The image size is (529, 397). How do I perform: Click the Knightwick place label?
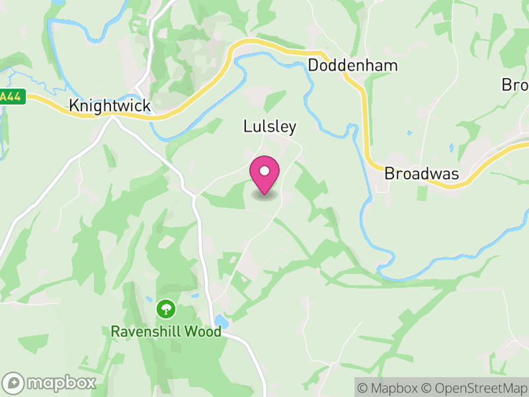point(110,106)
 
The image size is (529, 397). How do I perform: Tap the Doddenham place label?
point(353,66)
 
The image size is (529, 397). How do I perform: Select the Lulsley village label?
point(270,126)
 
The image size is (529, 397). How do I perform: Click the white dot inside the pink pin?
point(264,171)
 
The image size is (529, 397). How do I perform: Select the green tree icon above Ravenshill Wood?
point(165,308)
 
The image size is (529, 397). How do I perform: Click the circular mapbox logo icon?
point(14,382)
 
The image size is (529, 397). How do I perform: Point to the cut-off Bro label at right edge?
point(515,85)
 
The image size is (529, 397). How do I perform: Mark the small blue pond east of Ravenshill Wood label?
point(222,322)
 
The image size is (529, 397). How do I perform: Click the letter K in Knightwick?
point(75,106)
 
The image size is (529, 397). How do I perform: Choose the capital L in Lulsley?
point(247,126)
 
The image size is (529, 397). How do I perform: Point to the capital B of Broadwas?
point(390,174)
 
